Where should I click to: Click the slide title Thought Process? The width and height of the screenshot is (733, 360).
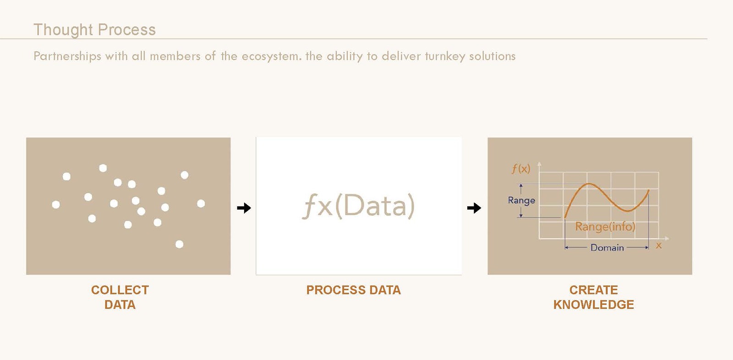coord(94,30)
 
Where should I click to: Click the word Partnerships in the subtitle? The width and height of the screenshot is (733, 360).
coord(67,56)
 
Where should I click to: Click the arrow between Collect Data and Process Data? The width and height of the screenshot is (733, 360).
coord(244,208)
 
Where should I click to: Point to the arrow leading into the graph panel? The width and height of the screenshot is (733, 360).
coord(474,208)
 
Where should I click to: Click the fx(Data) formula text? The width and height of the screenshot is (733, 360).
coord(358,206)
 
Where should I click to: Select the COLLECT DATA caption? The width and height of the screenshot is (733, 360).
coord(120,297)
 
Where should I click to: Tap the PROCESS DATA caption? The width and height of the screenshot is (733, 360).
coord(353,290)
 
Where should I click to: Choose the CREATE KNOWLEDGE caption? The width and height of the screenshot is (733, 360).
coord(594,297)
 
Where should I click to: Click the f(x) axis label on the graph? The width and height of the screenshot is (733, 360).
coord(520,169)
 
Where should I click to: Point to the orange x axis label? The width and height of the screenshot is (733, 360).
coord(659,245)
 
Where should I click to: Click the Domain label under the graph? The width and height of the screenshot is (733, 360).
coord(607,248)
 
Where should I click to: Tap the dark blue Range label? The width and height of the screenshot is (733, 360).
coord(521,200)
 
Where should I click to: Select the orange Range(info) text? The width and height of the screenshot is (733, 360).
coord(605,226)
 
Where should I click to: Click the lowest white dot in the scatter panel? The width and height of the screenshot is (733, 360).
coord(179,244)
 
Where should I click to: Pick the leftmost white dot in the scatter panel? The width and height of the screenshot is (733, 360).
coord(56,205)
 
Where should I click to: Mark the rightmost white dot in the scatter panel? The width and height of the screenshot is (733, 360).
coord(201,203)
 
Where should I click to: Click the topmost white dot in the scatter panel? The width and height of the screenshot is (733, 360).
coord(103,168)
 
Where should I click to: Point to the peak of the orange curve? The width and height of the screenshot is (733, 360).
coord(589,184)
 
